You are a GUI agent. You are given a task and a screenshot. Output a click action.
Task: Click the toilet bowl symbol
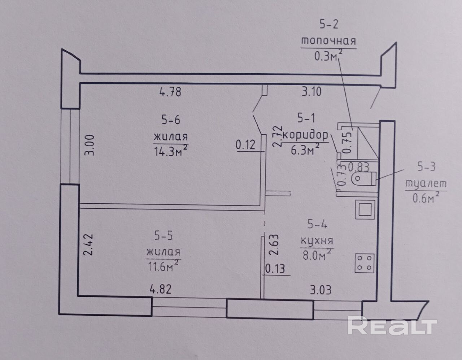pos(363,178)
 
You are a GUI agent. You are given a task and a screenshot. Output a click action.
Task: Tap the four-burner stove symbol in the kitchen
pos(364,263)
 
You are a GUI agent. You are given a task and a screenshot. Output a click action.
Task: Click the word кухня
pos(317,241)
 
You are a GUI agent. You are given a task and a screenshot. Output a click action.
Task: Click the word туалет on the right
pos(426,183)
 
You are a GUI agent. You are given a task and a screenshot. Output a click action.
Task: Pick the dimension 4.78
pos(170,92)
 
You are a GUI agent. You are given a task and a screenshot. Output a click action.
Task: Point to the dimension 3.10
pos(311,92)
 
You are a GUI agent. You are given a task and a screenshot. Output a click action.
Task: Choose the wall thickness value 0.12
pos(245,145)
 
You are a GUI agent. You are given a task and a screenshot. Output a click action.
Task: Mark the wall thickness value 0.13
pos(275,269)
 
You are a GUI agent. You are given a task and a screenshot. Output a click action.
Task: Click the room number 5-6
pos(171,120)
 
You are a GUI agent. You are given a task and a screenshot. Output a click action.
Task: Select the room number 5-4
pos(317,225)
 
